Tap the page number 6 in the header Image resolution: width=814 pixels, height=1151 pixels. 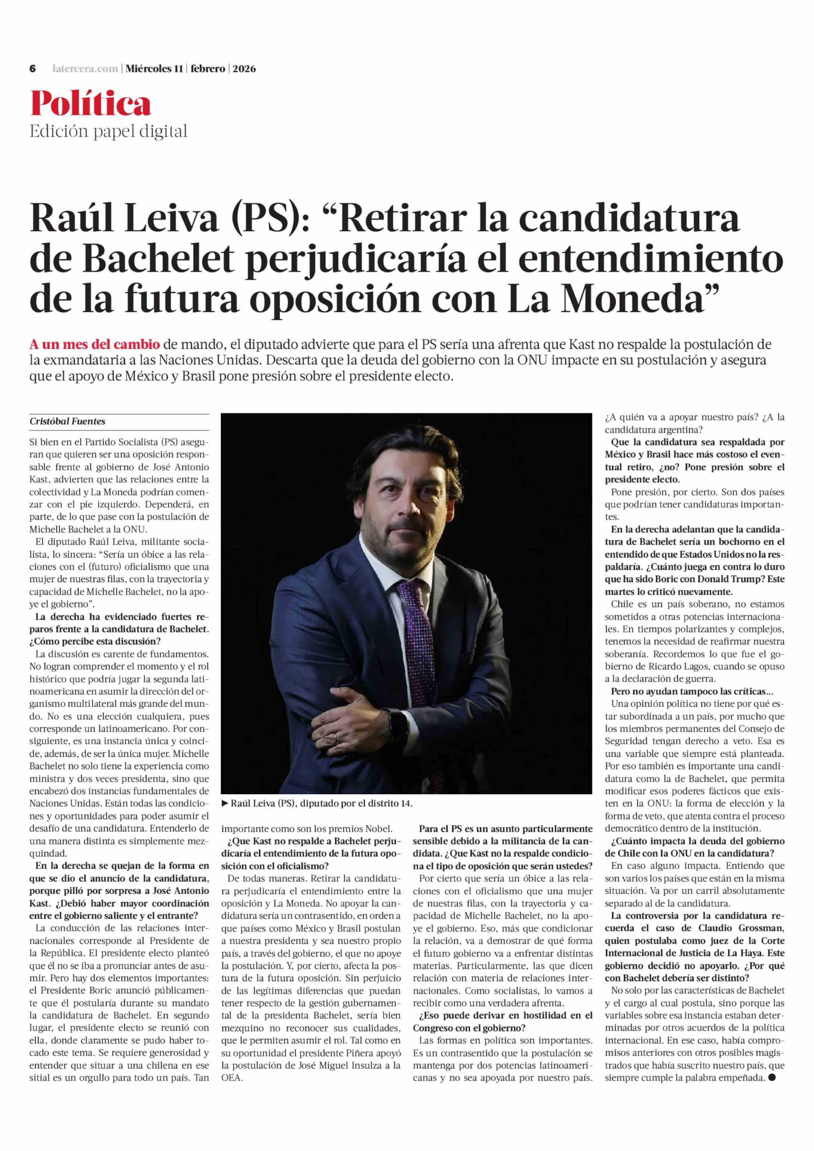pyautogui.click(x=33, y=69)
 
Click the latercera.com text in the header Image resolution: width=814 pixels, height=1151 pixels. pyautogui.click(x=85, y=69)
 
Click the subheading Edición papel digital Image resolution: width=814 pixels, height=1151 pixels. pyautogui.click(x=108, y=131)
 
